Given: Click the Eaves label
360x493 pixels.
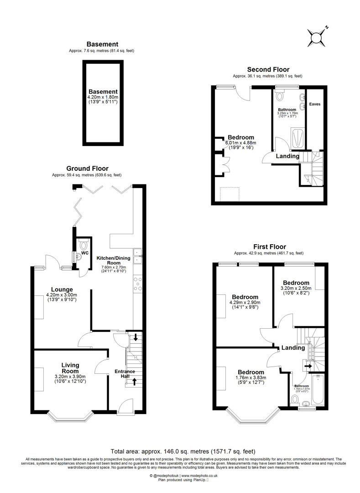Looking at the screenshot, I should (314, 104).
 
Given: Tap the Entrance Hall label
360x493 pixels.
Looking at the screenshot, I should (125, 374).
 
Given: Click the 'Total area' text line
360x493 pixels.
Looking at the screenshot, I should (180, 451).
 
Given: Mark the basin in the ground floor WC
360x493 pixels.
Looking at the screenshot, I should (78, 257).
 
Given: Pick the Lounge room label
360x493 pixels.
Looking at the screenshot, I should (62, 289).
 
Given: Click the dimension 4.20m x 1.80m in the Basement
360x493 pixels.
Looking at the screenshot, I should (103, 97).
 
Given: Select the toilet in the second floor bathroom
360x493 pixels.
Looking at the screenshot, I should (280, 96).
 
